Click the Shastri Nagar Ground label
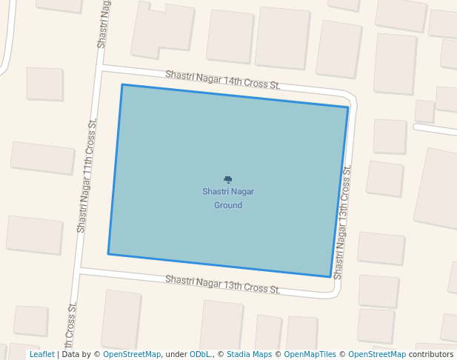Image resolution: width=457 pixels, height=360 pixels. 228,198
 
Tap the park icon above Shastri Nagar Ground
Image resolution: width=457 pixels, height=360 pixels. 228,179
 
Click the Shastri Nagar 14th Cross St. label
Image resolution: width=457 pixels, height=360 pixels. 222,80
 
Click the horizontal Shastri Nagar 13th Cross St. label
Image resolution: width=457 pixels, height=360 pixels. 222,284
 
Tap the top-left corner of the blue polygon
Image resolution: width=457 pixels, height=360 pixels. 122,84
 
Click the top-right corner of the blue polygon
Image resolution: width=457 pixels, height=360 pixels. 348,107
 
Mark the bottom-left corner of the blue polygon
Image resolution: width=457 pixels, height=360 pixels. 108,254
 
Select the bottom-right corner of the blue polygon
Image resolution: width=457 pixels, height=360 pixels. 330,277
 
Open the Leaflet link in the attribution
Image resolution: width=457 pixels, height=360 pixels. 41,355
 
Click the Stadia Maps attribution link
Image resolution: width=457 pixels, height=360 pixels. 249,355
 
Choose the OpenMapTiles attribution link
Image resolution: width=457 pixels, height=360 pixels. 310,355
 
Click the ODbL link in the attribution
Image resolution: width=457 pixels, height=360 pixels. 201,355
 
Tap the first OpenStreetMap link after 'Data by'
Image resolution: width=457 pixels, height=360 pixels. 132,355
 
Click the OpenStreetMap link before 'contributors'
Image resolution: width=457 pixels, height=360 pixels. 377,355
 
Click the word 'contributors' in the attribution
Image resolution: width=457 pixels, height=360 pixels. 431,355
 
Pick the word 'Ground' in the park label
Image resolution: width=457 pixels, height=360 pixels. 228,205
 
